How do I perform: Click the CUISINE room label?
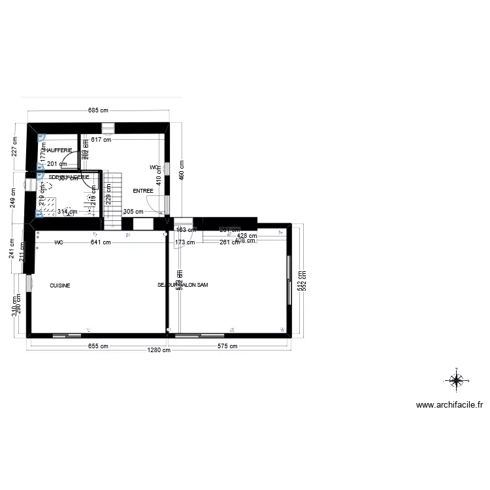pos(59,286)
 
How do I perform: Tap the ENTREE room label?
pos(143,191)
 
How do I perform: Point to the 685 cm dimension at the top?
pos(98,110)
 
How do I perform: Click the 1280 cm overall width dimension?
pos(159,350)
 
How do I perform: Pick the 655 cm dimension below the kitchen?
pos(97,346)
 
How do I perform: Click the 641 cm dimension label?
pos(100,242)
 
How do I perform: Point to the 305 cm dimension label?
pos(133,211)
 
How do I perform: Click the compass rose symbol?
pos(456,379)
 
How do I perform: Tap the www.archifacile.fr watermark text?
pos(449,405)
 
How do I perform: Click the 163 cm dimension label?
pos(186,229)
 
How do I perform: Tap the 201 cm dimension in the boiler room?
pos(57,164)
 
